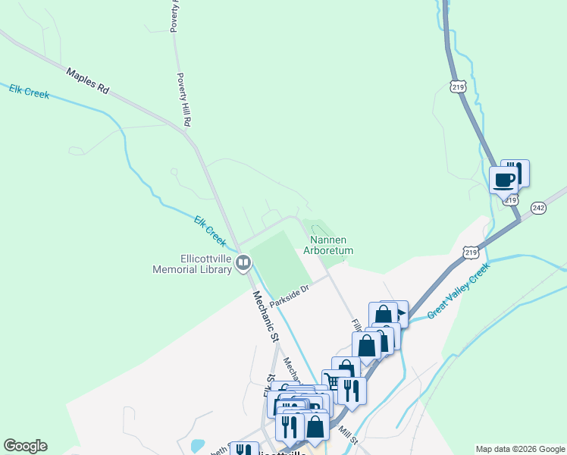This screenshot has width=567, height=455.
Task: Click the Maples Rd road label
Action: (x=88, y=80)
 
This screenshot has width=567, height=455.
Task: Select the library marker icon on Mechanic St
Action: (x=243, y=263)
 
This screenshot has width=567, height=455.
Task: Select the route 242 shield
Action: (x=538, y=208)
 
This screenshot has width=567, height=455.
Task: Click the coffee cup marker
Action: (x=503, y=180)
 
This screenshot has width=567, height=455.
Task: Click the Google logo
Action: (x=25, y=446)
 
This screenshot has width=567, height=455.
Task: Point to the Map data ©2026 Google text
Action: (x=520, y=449)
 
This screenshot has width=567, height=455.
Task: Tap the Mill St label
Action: (x=348, y=435)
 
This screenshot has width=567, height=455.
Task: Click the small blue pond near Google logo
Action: (x=198, y=444)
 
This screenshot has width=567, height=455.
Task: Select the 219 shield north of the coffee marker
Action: (x=457, y=88)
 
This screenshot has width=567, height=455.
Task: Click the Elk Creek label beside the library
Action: (x=210, y=231)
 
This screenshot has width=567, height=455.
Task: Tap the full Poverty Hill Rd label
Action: (x=183, y=99)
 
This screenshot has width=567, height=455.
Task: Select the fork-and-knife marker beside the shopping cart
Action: (x=352, y=390)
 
